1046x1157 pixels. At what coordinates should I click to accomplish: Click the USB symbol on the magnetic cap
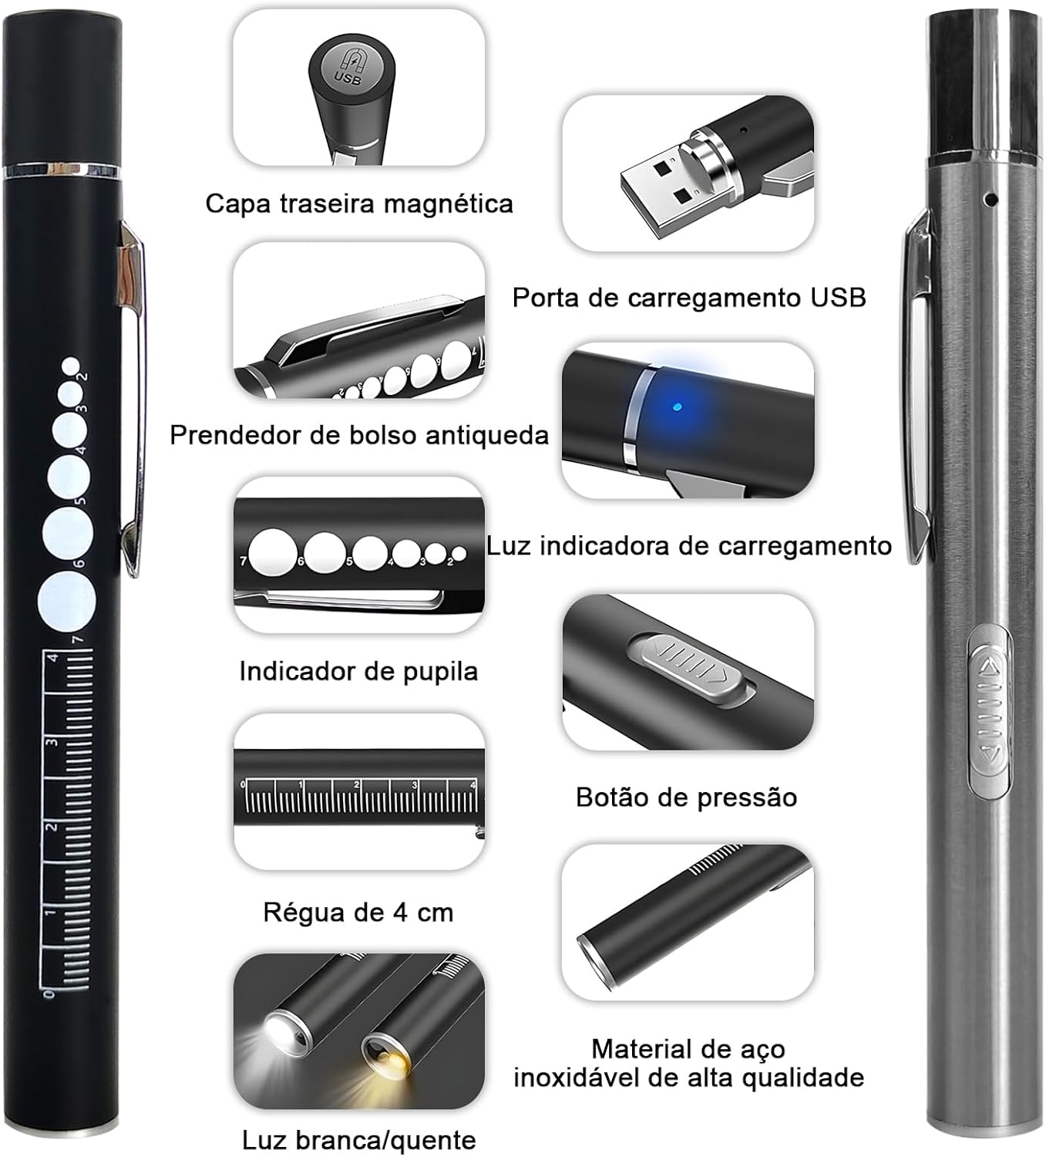coord(348,68)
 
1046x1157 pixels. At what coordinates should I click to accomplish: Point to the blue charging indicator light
coord(676,406)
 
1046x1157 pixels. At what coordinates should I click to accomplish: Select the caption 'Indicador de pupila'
coord(358,671)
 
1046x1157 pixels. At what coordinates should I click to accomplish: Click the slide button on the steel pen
coord(989,710)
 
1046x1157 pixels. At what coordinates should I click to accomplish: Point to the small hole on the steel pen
coord(992,201)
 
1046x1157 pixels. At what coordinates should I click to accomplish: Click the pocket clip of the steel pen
coord(918,386)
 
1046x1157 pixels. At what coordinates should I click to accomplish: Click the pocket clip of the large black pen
coord(131,401)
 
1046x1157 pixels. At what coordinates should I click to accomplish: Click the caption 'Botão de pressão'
coord(686,797)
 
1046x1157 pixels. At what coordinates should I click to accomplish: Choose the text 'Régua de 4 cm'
coord(358,912)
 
